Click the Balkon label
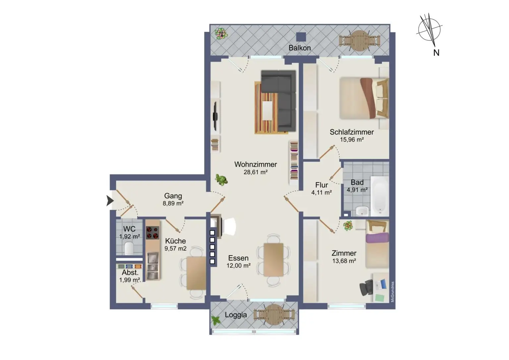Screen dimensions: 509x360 [300, 48]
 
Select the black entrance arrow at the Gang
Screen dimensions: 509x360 [110, 201]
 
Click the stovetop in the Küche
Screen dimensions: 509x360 [152, 233]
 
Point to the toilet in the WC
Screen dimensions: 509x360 [129, 248]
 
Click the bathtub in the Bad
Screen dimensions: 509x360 [380, 196]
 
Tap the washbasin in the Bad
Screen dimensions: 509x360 [362, 211]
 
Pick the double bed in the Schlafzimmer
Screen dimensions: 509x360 [364, 98]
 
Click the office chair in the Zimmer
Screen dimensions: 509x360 [366, 288]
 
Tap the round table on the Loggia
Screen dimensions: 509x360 [274, 315]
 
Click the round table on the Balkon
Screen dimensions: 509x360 [359, 41]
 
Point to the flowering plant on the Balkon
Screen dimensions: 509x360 [221, 33]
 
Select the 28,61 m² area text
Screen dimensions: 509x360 [255, 172]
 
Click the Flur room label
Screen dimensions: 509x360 [321, 185]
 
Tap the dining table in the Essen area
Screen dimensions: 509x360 [274, 260]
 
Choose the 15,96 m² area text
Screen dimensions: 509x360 [352, 140]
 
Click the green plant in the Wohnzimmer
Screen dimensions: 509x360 [221, 180]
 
